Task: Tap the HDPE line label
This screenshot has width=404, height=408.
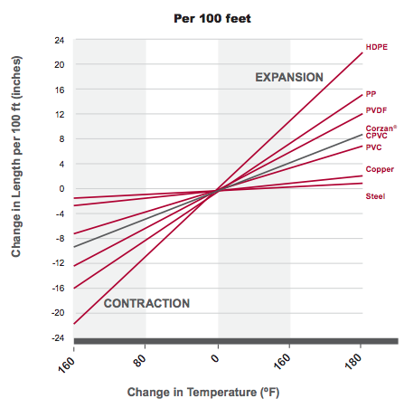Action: pyautogui.click(x=376, y=46)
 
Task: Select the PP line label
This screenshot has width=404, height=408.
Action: pyautogui.click(x=371, y=94)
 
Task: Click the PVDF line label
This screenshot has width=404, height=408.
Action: pyautogui.click(x=376, y=109)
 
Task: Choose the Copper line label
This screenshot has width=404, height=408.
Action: pyautogui.click(x=380, y=170)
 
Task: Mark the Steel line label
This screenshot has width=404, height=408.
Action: pyautogui.click(x=375, y=196)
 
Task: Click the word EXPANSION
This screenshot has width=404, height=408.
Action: pyautogui.click(x=288, y=78)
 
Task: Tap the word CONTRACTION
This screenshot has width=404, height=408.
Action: pyautogui.click(x=146, y=303)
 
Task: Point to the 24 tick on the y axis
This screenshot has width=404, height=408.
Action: pyautogui.click(x=59, y=41)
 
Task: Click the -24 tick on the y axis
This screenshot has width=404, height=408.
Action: pyautogui.click(x=58, y=337)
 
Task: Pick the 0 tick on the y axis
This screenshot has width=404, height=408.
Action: pyautogui.click(x=61, y=189)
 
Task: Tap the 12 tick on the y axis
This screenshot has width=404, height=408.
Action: pyautogui.click(x=59, y=115)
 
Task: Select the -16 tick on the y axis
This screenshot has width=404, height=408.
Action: pyautogui.click(x=58, y=288)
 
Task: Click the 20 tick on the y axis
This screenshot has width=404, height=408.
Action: pyautogui.click(x=59, y=65)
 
